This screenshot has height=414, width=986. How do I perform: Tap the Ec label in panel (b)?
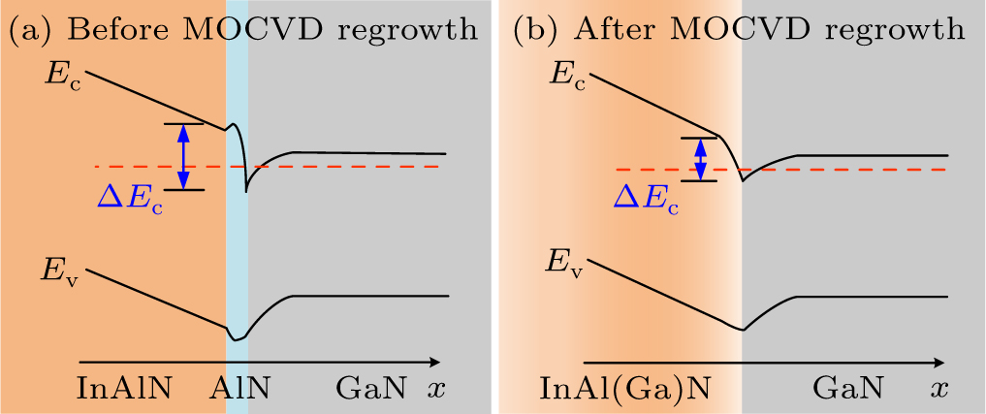click(568, 76)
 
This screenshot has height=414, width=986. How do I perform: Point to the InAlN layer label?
click(124, 390)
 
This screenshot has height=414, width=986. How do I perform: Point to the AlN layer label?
click(239, 390)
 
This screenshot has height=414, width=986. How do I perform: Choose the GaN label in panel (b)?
click(849, 390)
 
